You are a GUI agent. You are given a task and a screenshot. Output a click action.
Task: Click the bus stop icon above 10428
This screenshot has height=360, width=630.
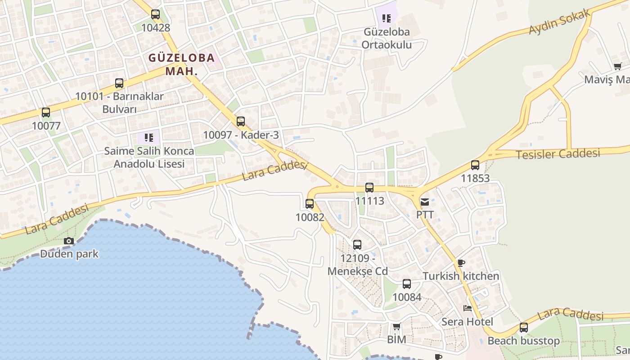pyautogui.click(x=155, y=14)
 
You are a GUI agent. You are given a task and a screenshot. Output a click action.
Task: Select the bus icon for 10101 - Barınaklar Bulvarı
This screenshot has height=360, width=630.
pyautogui.click(x=119, y=83)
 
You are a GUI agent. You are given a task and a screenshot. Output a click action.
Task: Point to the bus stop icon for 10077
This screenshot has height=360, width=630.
pyautogui.click(x=46, y=112)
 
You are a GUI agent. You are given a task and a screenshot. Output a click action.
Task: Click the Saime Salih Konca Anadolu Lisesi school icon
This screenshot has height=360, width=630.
pyautogui.click(x=149, y=137)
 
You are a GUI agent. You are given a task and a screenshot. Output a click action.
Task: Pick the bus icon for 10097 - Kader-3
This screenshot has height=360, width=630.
pyautogui.click(x=241, y=121)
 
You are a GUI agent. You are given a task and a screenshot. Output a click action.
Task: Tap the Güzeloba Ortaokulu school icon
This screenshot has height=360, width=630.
pyautogui.click(x=387, y=18)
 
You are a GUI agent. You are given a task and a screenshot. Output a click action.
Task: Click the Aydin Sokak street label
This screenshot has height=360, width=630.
pyautogui.click(x=559, y=22)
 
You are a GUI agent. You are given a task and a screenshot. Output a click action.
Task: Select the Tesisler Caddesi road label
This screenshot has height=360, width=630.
pyautogui.click(x=558, y=154)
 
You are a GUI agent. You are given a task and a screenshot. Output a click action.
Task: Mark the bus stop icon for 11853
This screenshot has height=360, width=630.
pyautogui.click(x=475, y=165)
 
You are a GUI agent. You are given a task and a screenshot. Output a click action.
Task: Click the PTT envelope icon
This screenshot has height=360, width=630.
pyautogui.click(x=425, y=202)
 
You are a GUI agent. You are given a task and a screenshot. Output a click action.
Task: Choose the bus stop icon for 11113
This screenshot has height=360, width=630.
pyautogui.click(x=369, y=188)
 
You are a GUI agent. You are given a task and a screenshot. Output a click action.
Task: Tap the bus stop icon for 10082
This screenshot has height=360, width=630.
pyautogui.click(x=310, y=204)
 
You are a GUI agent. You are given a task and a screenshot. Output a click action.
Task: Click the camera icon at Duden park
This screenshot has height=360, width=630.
pyautogui.click(x=69, y=241)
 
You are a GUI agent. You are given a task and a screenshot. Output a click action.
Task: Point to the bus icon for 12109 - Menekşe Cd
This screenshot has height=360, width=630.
pyautogui.click(x=357, y=245)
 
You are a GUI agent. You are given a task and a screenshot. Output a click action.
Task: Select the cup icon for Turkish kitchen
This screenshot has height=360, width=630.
pyautogui.click(x=461, y=263)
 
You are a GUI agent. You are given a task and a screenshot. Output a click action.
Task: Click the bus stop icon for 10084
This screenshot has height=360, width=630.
pyautogui.click(x=407, y=284)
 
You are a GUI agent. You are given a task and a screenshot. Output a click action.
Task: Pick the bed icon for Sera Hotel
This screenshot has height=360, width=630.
pyautogui.click(x=468, y=309)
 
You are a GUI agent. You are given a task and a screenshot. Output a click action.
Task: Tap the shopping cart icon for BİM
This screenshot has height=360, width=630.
pyautogui.click(x=396, y=326)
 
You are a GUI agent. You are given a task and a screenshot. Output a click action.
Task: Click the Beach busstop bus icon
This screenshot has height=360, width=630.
pyautogui.click(x=524, y=328)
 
